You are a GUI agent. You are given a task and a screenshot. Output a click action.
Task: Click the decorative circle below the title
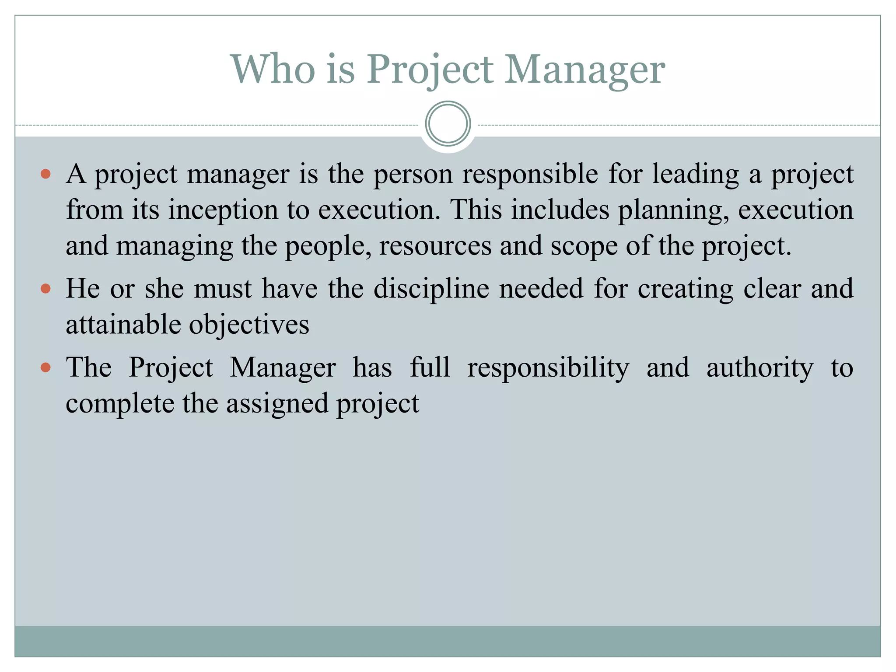point(448,124)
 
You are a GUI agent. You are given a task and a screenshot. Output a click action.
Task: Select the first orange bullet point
point(45,175)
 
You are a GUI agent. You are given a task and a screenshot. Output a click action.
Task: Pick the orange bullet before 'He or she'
point(45,289)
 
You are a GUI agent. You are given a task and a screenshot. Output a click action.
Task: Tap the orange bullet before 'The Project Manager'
point(45,367)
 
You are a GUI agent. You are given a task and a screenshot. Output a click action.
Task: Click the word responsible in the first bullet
point(530,174)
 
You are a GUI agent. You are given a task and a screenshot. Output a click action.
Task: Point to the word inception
point(223,210)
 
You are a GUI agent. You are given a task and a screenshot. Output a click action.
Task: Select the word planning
point(673,210)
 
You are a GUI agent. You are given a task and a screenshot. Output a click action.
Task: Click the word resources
point(435,246)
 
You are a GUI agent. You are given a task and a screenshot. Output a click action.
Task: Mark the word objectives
point(249,325)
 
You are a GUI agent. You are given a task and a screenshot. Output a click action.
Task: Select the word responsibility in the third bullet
point(548,368)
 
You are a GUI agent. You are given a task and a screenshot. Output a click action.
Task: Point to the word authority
point(760,368)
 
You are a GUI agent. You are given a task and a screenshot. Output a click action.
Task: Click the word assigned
point(277,404)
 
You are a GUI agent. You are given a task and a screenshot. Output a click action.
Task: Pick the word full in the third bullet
point(430,367)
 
